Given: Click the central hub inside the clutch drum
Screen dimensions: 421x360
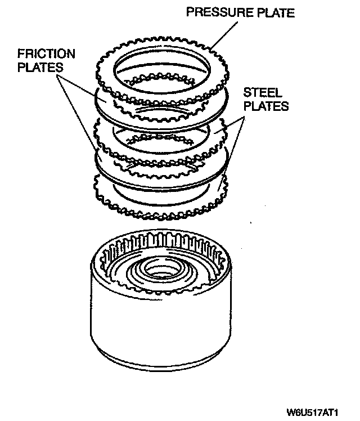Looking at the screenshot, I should click(x=160, y=270).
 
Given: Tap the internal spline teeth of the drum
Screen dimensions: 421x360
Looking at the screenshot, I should click(x=169, y=239).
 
